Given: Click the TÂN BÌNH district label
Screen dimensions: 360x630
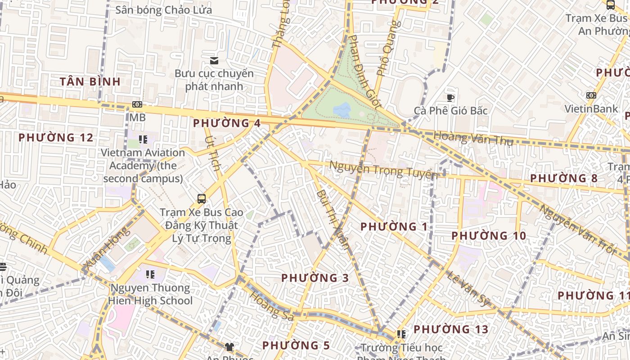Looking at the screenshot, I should click(90, 81).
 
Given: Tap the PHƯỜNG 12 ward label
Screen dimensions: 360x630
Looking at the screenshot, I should click(56, 137).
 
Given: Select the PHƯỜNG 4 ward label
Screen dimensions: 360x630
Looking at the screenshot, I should click(227, 123).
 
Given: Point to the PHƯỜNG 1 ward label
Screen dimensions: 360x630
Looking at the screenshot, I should click(394, 226).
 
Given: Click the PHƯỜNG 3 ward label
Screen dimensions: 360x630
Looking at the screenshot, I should click(315, 278).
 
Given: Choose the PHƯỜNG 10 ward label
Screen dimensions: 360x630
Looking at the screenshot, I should click(489, 236).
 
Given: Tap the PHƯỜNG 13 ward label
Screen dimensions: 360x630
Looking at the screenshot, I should click(451, 329).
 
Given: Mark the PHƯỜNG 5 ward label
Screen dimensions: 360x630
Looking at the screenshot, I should click(296, 345).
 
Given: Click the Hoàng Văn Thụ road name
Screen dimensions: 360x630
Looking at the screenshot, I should click(473, 138).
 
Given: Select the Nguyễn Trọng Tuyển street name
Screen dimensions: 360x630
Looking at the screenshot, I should click(383, 170).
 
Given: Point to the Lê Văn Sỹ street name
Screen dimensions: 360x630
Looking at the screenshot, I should click(468, 288).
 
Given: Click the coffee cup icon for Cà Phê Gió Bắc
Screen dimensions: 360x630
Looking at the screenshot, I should click(450, 98).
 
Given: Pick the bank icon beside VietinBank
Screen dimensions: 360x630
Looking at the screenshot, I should click(591, 95).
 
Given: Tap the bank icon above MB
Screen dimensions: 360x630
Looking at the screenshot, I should click(137, 104).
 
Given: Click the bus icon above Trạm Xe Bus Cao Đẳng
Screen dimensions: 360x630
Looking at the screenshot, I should click(202, 198).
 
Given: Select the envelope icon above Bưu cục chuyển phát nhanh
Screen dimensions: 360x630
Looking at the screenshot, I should click(214, 60).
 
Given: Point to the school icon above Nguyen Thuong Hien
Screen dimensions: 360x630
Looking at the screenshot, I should click(150, 274).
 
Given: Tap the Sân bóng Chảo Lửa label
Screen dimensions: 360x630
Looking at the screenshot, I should click(163, 10).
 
